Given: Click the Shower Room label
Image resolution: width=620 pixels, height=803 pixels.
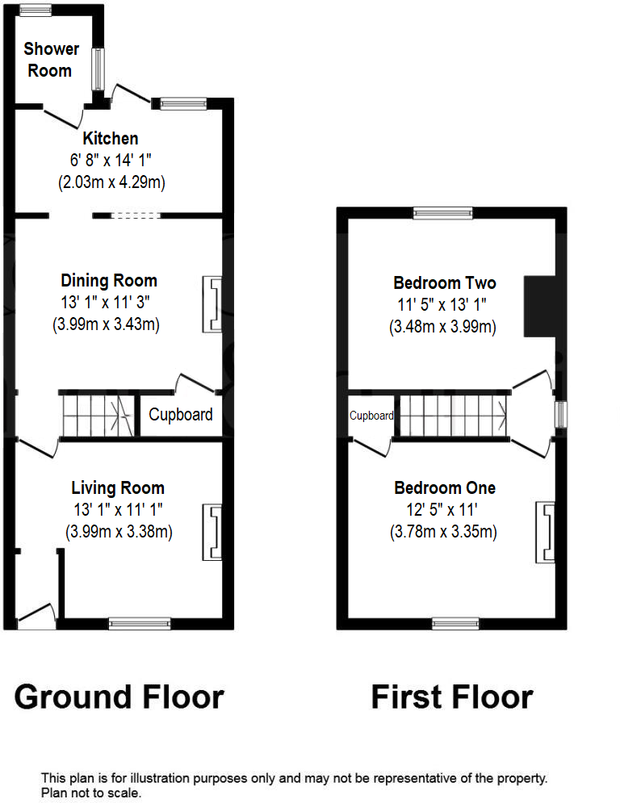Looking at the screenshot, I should pos(49,60).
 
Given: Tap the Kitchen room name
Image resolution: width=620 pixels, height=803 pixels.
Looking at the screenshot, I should pos(111,138).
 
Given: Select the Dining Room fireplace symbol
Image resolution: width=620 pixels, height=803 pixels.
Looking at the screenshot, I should pos(212,304).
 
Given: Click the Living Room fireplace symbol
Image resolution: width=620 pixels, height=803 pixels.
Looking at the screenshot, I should pos(212,532).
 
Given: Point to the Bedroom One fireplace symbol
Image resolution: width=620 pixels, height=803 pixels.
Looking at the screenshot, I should pos(545,532).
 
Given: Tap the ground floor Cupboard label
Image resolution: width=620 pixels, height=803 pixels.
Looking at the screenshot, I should pos(182,415).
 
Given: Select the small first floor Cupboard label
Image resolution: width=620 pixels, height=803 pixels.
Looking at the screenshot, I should pos(371,416).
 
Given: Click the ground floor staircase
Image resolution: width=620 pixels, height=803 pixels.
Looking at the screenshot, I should pos(95,415).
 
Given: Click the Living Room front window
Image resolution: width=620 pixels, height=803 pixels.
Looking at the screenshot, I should pos(140,623).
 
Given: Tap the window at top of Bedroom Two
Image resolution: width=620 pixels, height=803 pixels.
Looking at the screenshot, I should pos(442,213).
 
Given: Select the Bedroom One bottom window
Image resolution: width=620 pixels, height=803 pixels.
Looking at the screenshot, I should pos(455,623).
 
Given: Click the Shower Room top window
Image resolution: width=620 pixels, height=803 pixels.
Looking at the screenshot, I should pos(36,10).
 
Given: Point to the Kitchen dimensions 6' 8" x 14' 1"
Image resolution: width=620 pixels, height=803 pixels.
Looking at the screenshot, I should pos(111,161).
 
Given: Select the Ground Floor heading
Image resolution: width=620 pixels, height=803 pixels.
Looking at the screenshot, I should pos(119,696).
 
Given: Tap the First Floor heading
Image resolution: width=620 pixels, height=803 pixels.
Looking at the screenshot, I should pos(452,696).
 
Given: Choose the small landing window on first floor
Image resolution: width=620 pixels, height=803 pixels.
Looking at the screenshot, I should pos(559,415).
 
